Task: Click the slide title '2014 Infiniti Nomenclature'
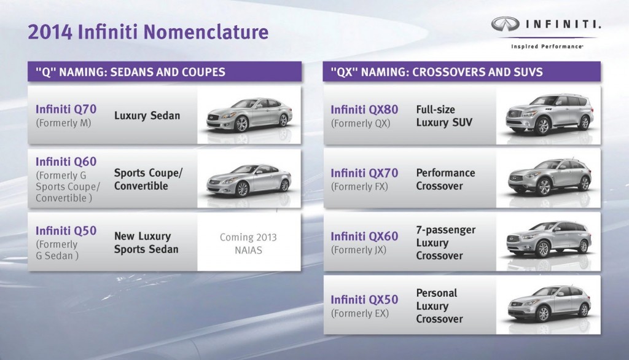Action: pyautogui.click(x=148, y=31)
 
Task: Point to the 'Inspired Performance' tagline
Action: pyautogui.click(x=546, y=46)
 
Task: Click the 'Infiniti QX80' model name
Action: pyautogui.click(x=364, y=109)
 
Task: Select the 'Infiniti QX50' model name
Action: pyautogui.click(x=364, y=300)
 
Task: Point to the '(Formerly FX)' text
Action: pyautogui.click(x=359, y=186)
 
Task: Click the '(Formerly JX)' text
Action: pyautogui.click(x=359, y=250)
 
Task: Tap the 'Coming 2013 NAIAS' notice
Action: pyautogui.click(x=248, y=243)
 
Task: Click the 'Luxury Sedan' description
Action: pyautogui.click(x=147, y=115)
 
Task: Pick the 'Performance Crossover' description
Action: pyautogui.click(x=445, y=179)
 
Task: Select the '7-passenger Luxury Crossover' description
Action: pyautogui.click(x=445, y=243)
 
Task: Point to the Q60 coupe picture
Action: pyautogui.click(x=249, y=179)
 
